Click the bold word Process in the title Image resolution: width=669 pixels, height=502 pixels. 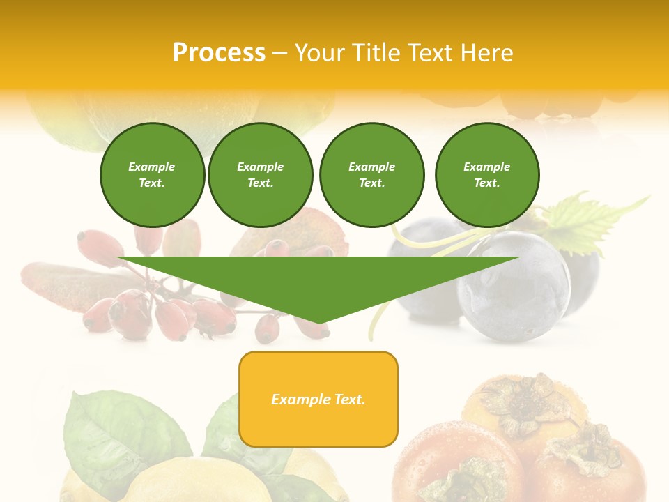219,53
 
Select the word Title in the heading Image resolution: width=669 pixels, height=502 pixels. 377,53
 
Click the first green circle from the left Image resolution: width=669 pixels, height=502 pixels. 152,175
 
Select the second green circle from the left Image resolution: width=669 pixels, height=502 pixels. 260,175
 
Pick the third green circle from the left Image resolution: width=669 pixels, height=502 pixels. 371,175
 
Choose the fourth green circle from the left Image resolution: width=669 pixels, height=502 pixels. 486,175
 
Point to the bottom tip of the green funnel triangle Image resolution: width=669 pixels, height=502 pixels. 318,322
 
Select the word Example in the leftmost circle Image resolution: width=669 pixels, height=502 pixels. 152,167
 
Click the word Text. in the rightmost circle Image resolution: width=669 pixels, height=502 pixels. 486,183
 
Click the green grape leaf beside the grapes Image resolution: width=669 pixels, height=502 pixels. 585,220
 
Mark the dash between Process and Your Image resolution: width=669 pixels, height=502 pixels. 280,53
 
